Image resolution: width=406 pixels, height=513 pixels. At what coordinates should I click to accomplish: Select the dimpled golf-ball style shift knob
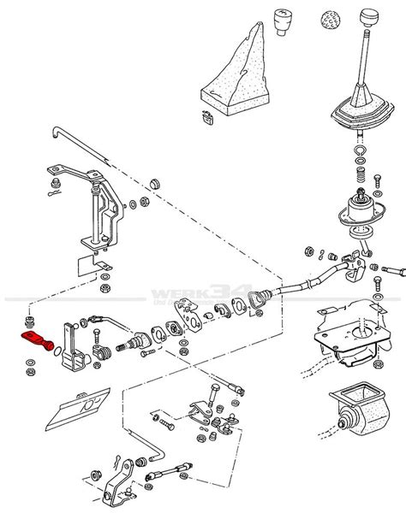tap(328, 19)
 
